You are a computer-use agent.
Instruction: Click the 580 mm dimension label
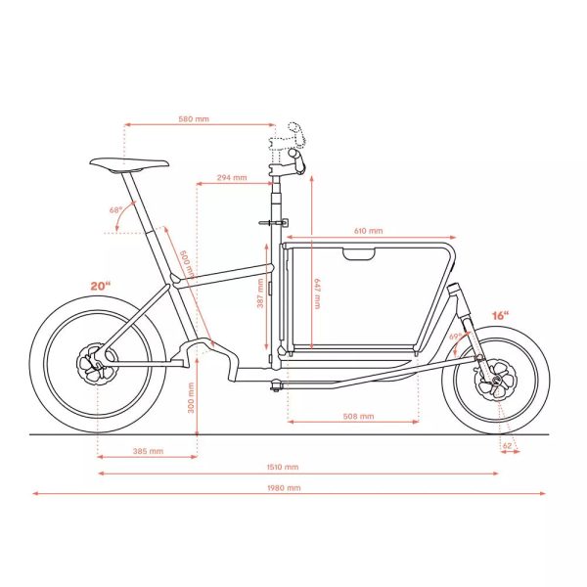[194, 119]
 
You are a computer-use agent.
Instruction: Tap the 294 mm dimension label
[232, 177]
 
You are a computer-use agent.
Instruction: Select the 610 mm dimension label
[369, 231]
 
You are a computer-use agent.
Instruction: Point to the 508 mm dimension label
[358, 417]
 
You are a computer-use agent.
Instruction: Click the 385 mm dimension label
[148, 451]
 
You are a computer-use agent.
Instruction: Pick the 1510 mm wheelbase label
[283, 467]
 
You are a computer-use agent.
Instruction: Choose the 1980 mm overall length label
[284, 488]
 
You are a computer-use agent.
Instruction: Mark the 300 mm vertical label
[191, 397]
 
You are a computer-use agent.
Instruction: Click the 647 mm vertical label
[317, 293]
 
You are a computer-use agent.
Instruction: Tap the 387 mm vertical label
[260, 293]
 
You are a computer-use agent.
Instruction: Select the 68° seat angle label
[115, 210]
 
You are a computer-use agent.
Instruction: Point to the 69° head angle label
[455, 337]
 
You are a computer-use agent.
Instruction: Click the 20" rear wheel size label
[101, 286]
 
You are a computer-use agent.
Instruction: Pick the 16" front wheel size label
[501, 316]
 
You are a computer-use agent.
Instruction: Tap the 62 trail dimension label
[507, 446]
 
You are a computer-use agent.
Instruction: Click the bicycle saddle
[129, 163]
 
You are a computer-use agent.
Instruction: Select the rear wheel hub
[97, 363]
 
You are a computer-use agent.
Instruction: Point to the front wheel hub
[496, 379]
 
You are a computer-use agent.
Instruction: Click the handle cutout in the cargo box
[359, 253]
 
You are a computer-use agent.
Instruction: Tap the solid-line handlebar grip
[297, 160]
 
